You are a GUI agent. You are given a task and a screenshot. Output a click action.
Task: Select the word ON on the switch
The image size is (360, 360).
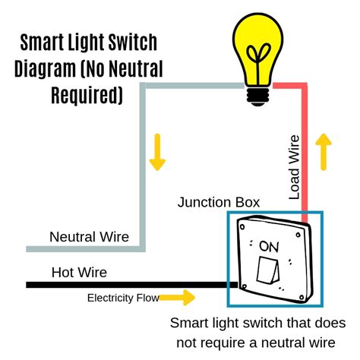point(268,247)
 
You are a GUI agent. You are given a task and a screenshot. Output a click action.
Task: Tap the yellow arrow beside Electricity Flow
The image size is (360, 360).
point(182,298)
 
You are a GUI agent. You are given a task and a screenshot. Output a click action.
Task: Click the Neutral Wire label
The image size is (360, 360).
point(89,236)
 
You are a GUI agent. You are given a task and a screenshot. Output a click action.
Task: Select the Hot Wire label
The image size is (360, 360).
point(79,272)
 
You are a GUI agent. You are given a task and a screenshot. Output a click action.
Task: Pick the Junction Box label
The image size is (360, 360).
point(219,202)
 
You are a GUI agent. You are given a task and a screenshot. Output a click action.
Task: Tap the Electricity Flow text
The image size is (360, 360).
point(123,298)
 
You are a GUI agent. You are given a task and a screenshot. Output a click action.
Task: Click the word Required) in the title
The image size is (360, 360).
point(86,95)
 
